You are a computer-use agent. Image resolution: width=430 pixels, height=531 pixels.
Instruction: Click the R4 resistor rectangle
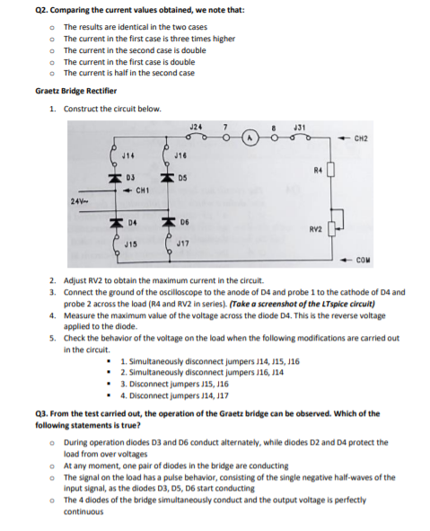point(330,171)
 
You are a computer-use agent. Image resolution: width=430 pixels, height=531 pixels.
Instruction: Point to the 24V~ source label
point(79,199)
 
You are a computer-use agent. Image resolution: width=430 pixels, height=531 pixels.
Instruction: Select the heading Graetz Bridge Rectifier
point(70,92)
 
